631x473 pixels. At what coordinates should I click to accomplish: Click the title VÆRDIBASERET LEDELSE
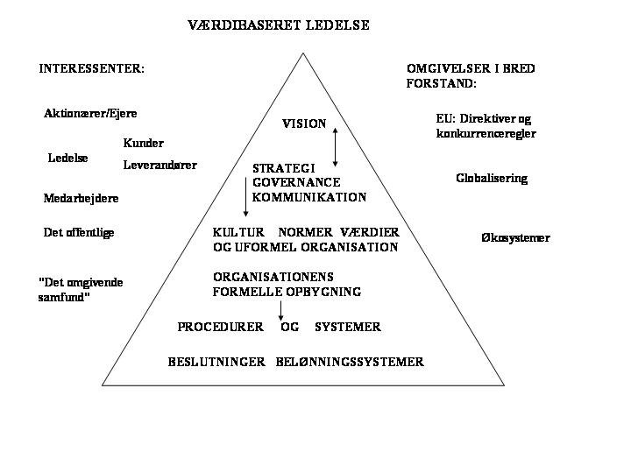click(x=279, y=25)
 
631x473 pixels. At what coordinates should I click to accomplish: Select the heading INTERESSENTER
click(x=91, y=69)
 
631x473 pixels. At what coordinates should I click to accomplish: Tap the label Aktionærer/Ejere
click(x=90, y=113)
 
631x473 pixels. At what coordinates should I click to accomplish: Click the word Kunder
click(x=143, y=143)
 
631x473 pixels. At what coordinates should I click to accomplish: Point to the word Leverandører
click(x=160, y=165)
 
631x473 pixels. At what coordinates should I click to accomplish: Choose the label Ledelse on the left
click(x=67, y=158)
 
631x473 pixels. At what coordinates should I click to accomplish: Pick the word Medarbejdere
click(x=81, y=198)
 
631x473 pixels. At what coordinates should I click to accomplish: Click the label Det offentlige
click(x=79, y=232)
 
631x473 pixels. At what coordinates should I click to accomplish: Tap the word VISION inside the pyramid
click(x=304, y=124)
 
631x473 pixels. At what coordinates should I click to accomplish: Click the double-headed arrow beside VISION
click(x=335, y=147)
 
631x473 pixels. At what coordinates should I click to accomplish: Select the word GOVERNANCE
click(x=296, y=182)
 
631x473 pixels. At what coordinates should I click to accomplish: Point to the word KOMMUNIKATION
click(x=309, y=197)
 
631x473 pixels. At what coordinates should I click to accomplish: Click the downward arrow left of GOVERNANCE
click(x=245, y=197)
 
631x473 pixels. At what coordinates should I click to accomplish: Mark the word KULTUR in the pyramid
click(x=238, y=232)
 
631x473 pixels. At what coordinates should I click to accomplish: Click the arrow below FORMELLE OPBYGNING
click(x=280, y=310)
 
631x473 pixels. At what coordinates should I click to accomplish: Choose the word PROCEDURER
click(x=221, y=327)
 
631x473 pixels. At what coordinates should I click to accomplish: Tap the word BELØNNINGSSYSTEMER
click(x=350, y=362)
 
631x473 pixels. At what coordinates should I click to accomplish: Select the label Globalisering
click(x=492, y=178)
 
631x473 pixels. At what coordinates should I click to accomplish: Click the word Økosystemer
click(x=515, y=237)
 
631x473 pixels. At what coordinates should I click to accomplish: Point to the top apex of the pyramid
click(x=303, y=53)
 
